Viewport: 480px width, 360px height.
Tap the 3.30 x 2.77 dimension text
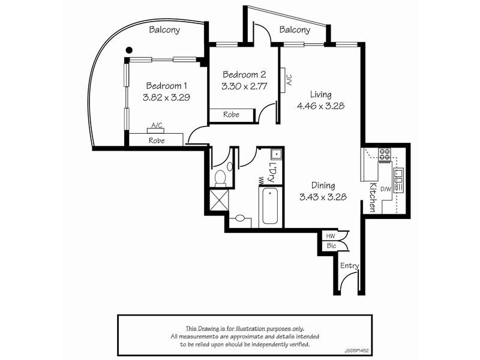coord(244,87)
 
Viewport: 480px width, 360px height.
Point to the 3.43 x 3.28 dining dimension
coord(323,197)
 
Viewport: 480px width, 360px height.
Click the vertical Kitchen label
coord(373,197)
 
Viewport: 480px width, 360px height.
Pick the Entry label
coord(349,266)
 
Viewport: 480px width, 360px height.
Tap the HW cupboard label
coord(331,236)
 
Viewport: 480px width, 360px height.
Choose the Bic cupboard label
coord(331,246)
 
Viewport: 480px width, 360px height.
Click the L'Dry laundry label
coord(273,172)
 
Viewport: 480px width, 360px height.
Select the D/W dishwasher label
coord(386,190)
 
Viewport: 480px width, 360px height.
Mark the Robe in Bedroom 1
coord(157,140)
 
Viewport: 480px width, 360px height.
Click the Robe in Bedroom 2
coord(232,114)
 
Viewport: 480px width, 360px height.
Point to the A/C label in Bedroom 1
coord(157,125)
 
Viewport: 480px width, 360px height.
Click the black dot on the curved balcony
coord(128,50)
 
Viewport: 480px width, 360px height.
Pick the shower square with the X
coord(219,199)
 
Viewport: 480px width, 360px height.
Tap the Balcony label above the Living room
coord(295,29)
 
